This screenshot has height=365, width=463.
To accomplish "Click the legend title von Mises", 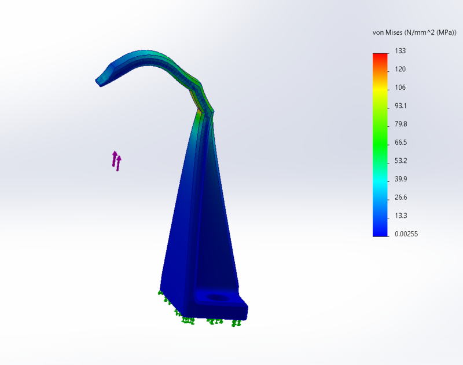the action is (x=387, y=32).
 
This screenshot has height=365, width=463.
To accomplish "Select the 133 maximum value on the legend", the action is (x=400, y=51).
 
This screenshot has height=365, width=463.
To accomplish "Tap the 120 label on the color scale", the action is (x=400, y=69).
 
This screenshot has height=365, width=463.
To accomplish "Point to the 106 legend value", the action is (x=400, y=87).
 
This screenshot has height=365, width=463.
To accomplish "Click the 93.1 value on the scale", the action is (x=400, y=106).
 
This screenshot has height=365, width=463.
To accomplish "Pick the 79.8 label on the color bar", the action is (x=400, y=124).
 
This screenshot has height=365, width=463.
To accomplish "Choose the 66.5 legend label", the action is (x=400, y=143).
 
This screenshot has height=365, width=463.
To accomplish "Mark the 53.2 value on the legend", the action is (x=400, y=161).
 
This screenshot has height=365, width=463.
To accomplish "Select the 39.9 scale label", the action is (x=400, y=179).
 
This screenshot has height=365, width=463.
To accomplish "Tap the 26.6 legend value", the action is (x=400, y=198).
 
